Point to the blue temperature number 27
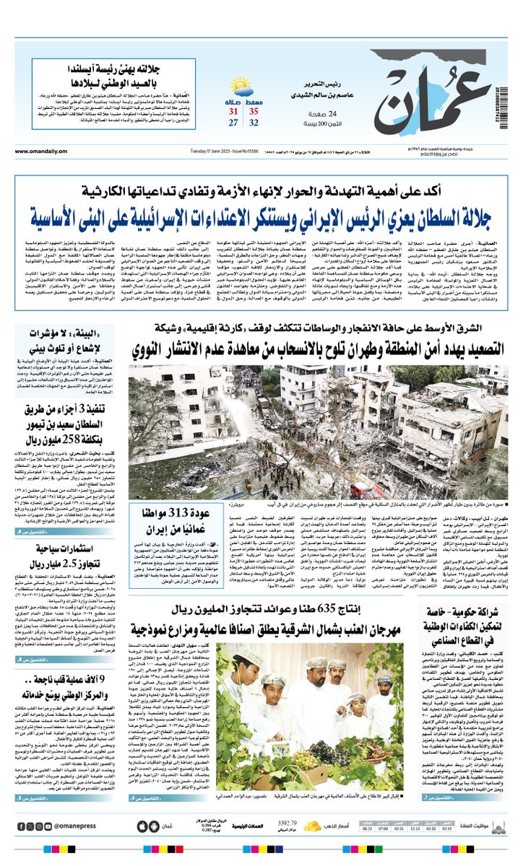[233, 123]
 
